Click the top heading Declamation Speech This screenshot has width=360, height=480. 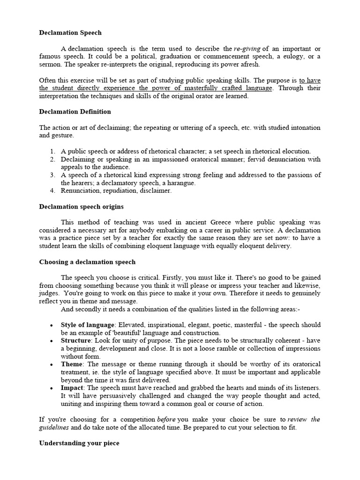click(x=70, y=33)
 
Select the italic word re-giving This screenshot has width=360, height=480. click(x=247, y=49)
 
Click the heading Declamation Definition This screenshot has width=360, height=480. click(x=75, y=112)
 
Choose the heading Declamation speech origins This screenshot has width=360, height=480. click(x=81, y=206)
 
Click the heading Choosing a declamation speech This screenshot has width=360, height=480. click(x=87, y=262)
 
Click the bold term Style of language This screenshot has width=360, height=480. click(x=88, y=325)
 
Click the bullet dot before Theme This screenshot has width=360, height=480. click(x=51, y=364)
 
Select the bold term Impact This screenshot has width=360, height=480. click(x=72, y=388)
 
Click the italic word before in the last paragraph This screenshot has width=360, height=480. click(x=166, y=420)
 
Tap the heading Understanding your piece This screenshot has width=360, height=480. click(x=79, y=443)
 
